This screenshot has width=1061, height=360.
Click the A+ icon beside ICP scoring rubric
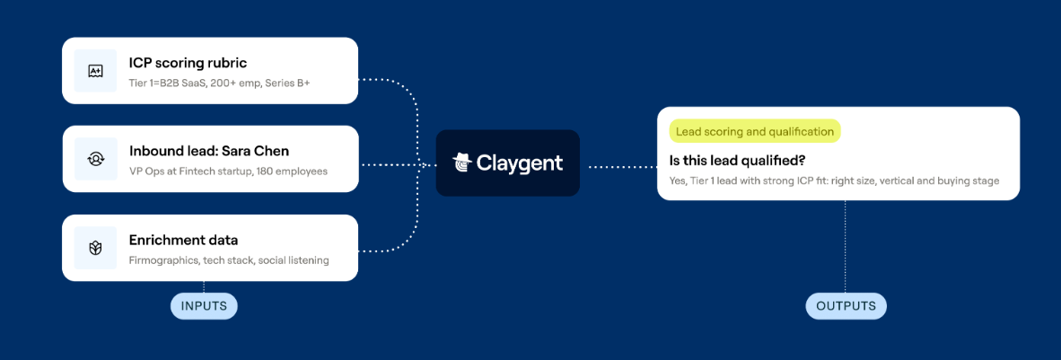point(95,70)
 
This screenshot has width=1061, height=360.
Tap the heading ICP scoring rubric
point(189,63)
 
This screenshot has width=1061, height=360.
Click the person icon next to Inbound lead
point(95,159)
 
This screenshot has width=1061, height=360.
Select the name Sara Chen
point(259,151)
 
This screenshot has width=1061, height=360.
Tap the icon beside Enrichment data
point(95,248)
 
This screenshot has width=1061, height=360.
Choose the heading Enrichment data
point(183,240)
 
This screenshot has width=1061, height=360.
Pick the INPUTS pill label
point(204,306)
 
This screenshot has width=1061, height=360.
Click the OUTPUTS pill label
point(846,306)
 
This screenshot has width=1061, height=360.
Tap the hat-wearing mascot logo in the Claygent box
point(461,163)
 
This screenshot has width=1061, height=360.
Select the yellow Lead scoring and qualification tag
point(755,131)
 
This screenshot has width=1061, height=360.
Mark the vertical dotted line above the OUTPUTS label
point(846,247)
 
